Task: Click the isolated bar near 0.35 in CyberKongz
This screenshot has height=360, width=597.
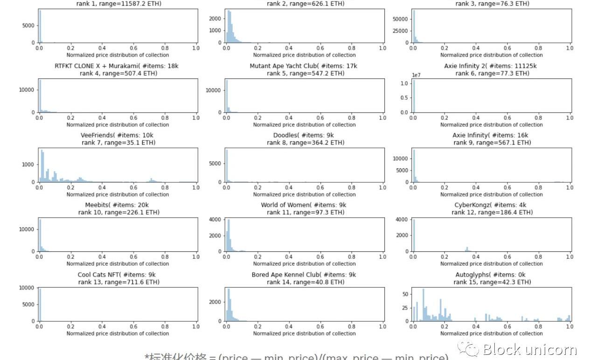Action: [x=467, y=249]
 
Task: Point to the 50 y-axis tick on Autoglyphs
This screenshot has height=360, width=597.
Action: [x=405, y=294]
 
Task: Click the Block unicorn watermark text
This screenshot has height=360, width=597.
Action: [x=530, y=349]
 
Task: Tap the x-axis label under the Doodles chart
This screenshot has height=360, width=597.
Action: [x=304, y=194]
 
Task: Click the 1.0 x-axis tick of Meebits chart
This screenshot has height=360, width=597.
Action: [x=196, y=257]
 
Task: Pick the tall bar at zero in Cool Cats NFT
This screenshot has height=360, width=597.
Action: [x=40, y=305]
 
